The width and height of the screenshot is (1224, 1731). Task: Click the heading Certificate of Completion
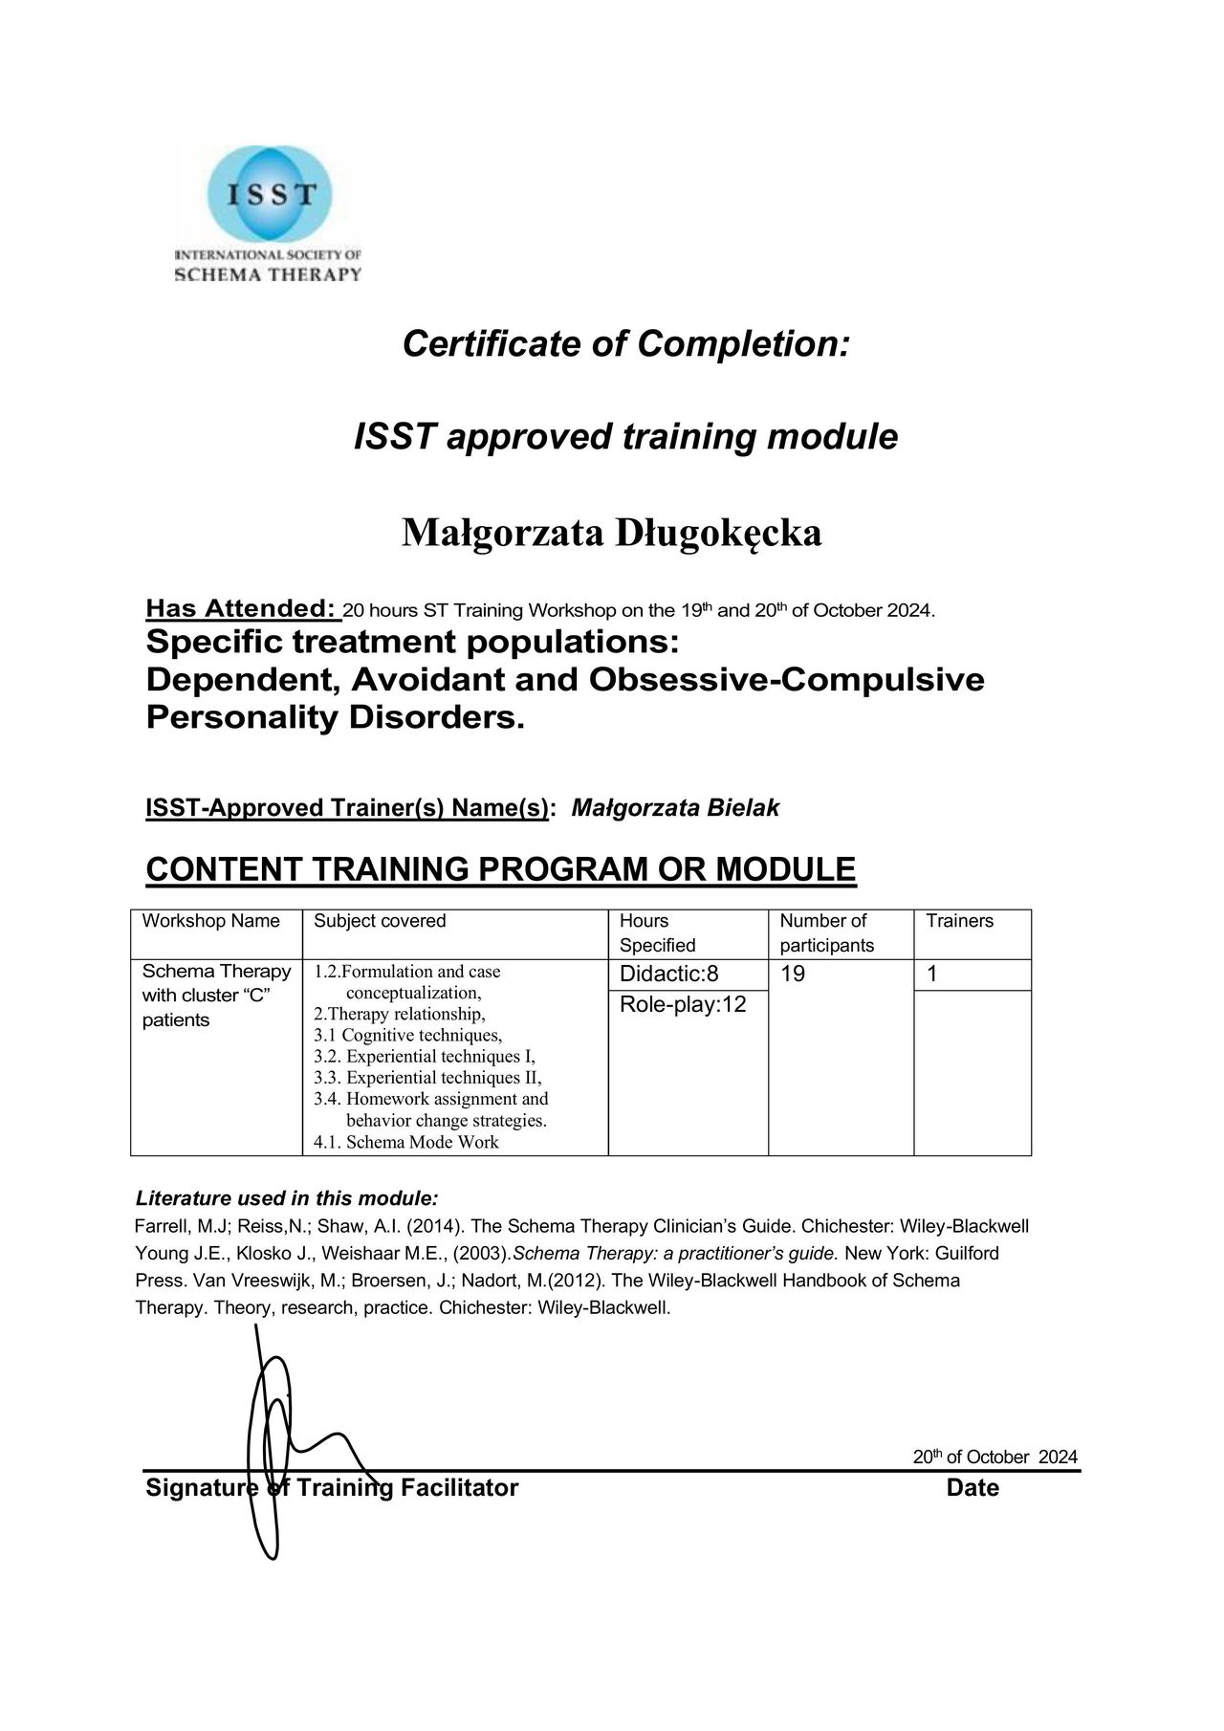coord(625,343)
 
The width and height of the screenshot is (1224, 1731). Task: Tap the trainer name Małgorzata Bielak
coord(675,808)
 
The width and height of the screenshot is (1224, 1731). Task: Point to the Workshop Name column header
coord(211,921)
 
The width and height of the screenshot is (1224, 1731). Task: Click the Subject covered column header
coord(380,921)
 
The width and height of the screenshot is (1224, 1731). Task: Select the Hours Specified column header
coord(657,932)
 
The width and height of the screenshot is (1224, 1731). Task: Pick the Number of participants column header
coord(826,932)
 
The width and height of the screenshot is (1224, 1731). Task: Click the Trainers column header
coord(959,921)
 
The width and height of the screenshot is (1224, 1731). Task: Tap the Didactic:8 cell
coord(669,975)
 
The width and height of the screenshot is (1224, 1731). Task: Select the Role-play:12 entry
coord(683,1005)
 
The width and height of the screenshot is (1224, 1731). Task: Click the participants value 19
coord(793,975)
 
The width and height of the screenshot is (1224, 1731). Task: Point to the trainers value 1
coord(932,975)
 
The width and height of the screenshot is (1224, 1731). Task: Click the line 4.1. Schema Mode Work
coord(406,1142)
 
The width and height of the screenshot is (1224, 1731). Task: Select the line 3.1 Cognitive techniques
coord(407,1035)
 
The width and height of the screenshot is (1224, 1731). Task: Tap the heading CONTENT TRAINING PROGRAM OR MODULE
coord(500,869)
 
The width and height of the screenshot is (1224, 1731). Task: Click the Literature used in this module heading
coord(287,1198)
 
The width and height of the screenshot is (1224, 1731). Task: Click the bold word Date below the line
coord(973,1488)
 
